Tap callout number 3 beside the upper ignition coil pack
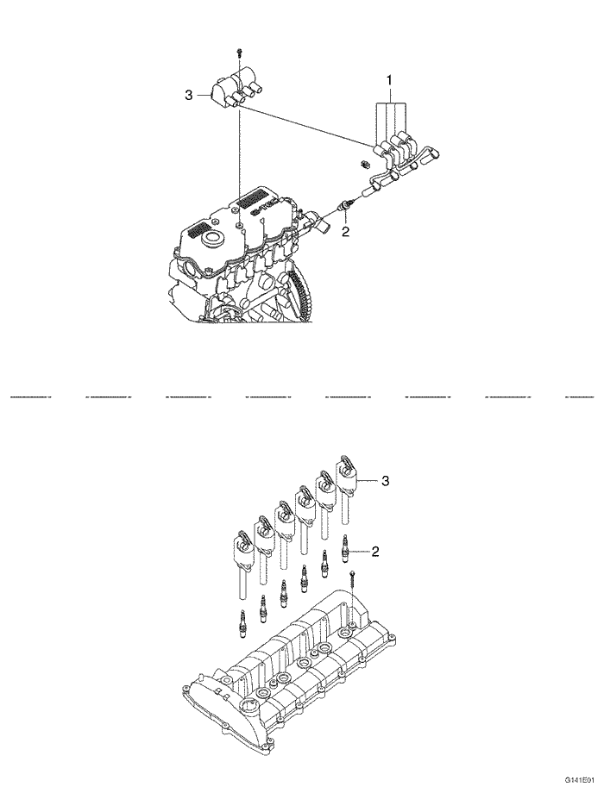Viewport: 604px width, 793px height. (x=189, y=96)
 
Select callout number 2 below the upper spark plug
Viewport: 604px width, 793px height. (x=345, y=231)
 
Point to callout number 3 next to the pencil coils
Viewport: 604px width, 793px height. (x=386, y=481)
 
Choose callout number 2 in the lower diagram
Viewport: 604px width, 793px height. (x=375, y=550)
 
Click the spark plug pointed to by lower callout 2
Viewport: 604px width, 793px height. (x=346, y=546)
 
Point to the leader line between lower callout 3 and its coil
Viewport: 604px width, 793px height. (x=368, y=479)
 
